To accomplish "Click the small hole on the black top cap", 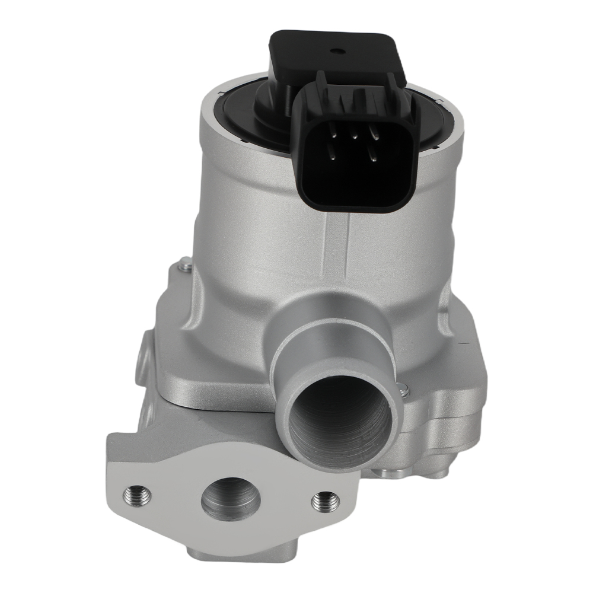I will pos(341,51).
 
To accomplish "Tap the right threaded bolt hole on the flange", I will pos(324,500).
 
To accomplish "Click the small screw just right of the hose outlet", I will pos(404,389).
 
